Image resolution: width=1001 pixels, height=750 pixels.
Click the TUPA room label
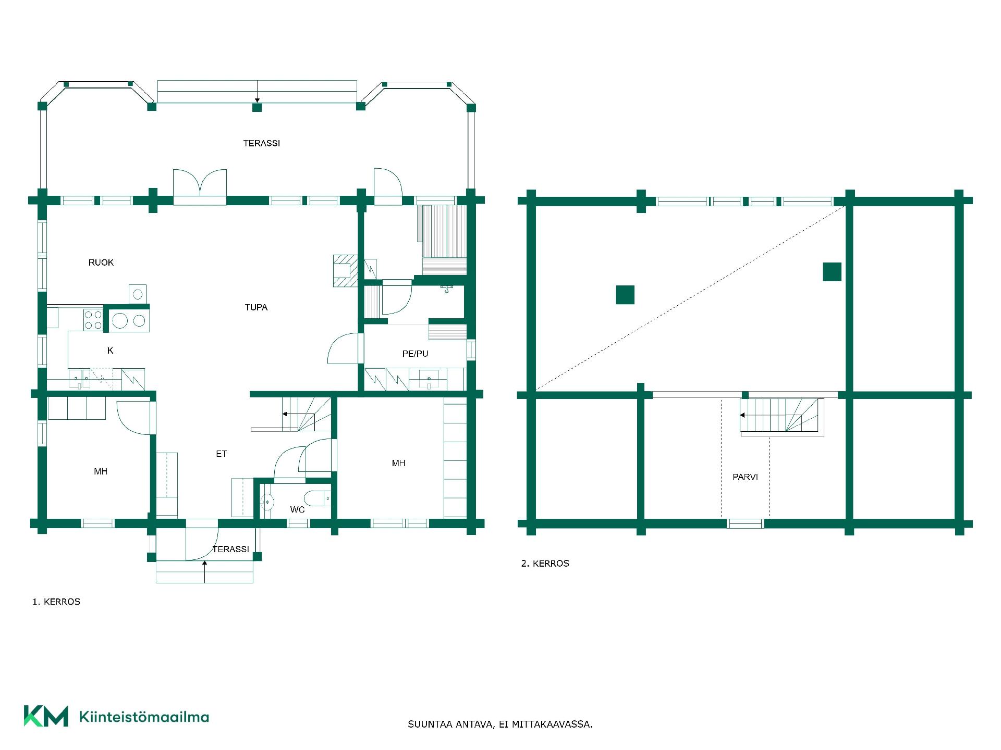(x=256, y=307)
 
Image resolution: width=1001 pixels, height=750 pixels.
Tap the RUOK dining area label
(x=101, y=262)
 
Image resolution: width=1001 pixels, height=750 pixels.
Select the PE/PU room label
(x=416, y=354)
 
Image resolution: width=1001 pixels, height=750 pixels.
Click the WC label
(x=298, y=509)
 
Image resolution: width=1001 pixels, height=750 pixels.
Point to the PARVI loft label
(x=745, y=477)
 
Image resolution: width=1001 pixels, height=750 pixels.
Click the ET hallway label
(x=222, y=454)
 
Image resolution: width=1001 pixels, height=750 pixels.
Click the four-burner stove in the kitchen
(x=93, y=319)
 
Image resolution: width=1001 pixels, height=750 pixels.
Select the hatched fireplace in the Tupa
(x=346, y=271)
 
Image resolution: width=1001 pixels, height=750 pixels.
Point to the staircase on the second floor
(x=782, y=417)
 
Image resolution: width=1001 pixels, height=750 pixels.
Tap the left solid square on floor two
(x=625, y=295)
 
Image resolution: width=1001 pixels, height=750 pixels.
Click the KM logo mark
(x=46, y=716)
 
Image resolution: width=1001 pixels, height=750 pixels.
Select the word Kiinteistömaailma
(x=144, y=717)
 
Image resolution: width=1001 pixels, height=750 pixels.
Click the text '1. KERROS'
(x=56, y=602)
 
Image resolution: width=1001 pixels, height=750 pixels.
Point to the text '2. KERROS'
(x=545, y=564)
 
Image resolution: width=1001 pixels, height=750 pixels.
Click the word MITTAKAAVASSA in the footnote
(x=552, y=724)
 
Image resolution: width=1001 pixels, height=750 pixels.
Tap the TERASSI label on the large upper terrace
(x=262, y=143)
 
